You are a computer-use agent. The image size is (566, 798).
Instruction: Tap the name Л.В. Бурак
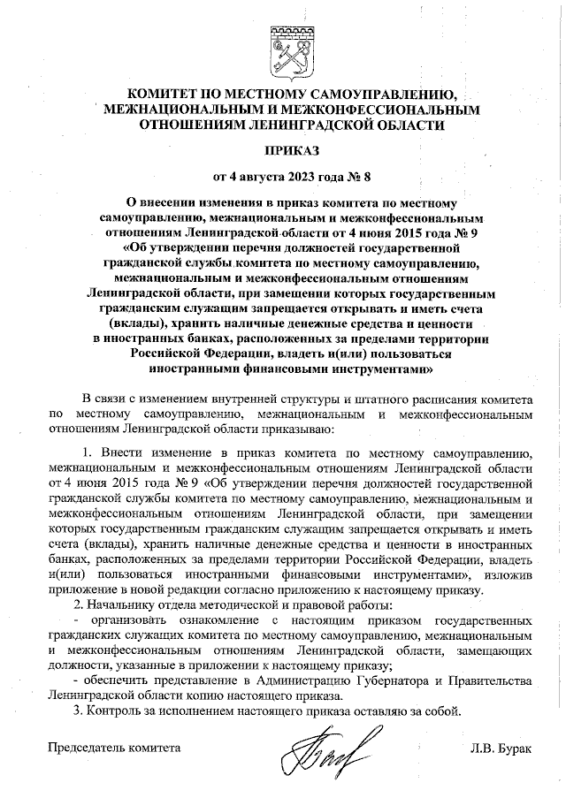point(502,749)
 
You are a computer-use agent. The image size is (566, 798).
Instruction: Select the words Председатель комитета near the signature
point(114,749)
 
